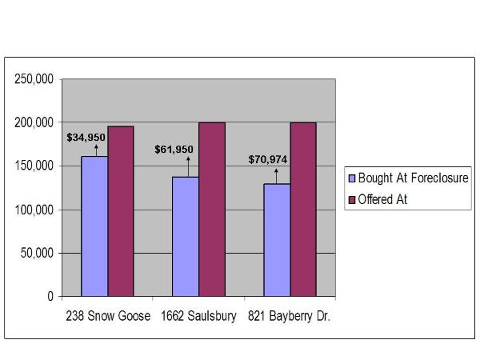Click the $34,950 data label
pos(86,137)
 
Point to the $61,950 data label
pos(174,149)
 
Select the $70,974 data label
pos(268,159)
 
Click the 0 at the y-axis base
pos(50,296)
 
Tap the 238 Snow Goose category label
pos(108,316)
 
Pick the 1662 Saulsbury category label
pos(199,316)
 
